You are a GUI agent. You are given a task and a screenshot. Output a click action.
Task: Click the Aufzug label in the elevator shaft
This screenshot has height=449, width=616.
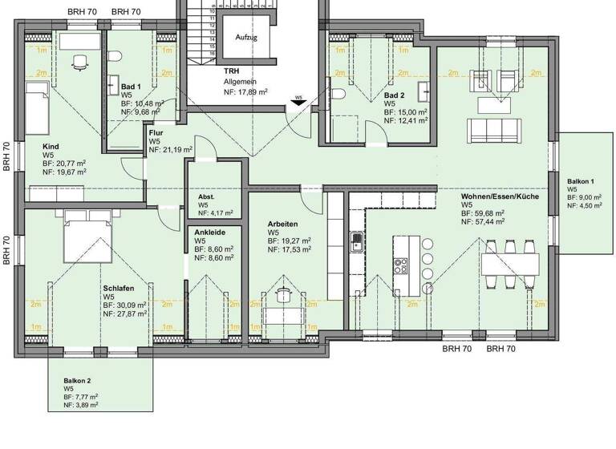pos(245,38)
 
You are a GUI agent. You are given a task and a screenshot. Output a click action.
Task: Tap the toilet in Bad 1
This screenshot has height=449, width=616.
pos(115,57)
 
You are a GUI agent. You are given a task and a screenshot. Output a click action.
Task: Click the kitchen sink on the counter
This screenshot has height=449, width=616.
pos(356,239)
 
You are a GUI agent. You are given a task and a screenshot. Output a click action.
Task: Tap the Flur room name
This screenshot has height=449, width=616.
pos(156,133)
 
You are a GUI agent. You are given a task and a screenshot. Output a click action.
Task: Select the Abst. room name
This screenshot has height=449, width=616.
pos(207,196)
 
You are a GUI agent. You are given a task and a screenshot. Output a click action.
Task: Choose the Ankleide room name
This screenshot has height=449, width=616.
pos(209,232)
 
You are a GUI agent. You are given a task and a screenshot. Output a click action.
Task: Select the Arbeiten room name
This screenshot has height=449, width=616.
pos(283,224)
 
